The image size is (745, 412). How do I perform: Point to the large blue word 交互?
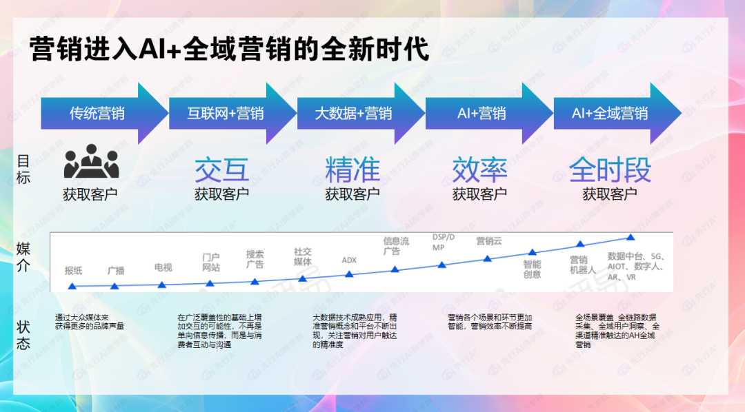(222, 169)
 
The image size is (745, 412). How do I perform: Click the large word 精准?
(352, 169)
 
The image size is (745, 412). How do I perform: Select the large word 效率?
(479, 169)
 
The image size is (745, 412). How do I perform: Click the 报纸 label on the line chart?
(74, 271)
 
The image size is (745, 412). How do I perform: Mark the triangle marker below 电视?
(162, 285)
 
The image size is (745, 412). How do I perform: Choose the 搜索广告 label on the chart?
(255, 260)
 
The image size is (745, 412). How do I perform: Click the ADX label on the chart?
(349, 260)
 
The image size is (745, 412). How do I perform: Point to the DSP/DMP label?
(444, 242)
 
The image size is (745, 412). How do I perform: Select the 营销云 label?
(489, 241)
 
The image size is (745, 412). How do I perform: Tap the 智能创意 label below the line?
(532, 269)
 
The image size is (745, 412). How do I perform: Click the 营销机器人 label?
(579, 265)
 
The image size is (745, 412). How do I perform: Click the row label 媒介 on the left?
(23, 258)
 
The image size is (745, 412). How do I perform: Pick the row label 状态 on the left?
(23, 333)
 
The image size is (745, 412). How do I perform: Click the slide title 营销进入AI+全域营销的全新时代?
(229, 50)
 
